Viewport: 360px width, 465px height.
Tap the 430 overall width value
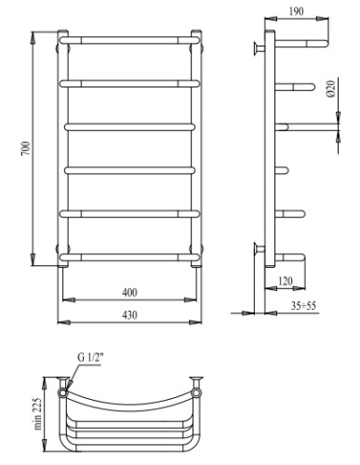(x=129, y=315)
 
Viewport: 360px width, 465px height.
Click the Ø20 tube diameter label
(x=329, y=90)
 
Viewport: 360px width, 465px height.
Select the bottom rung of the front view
(x=129, y=257)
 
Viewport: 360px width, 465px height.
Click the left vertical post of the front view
(x=63, y=149)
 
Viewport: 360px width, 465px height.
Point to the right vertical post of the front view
(x=196, y=149)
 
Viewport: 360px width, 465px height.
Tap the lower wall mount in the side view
(x=258, y=248)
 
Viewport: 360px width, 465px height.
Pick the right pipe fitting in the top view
(x=196, y=382)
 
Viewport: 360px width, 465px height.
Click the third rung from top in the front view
(x=129, y=125)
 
